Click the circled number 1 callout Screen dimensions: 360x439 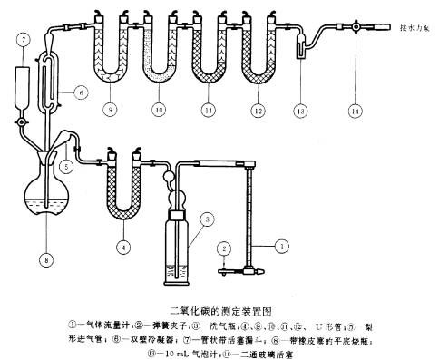(283, 245)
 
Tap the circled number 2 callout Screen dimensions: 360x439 (220, 247)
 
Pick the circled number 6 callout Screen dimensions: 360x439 (81, 93)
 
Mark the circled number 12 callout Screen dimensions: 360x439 (259, 111)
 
